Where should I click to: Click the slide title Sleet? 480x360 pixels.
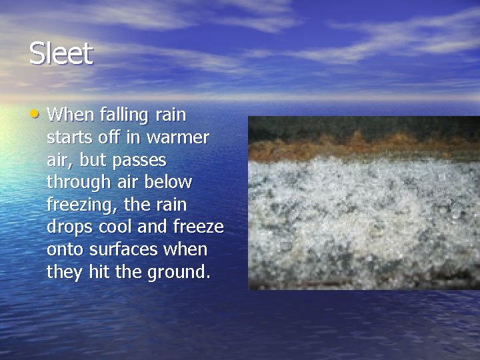pyautogui.click(x=61, y=54)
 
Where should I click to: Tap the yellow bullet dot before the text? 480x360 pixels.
pyautogui.click(x=35, y=113)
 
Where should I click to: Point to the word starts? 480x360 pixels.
pyautogui.click(x=69, y=138)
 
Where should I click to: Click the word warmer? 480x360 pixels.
pyautogui.click(x=180, y=138)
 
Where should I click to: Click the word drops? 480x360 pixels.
pyautogui.click(x=71, y=227)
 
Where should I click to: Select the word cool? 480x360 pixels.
pyautogui.click(x=115, y=227)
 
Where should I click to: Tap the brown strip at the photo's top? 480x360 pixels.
pyautogui.click(x=363, y=143)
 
